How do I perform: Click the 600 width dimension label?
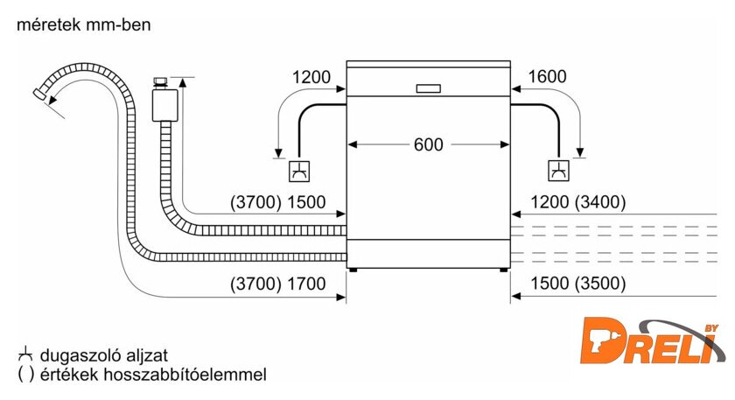429,144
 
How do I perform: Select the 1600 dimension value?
547,76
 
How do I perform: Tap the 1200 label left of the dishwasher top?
311,77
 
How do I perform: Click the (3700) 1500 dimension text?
278,202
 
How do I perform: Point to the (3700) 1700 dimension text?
278,284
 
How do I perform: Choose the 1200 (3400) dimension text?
578,202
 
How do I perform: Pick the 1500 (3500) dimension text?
578,284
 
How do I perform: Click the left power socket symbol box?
299,172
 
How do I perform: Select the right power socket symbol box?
559,171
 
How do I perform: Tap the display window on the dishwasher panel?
429,88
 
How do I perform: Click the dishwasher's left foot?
353,270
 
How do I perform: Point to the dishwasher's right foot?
503,270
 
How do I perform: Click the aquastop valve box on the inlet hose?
165,105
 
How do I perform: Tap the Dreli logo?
649,340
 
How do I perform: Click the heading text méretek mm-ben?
84,25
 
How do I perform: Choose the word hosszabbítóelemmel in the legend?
185,375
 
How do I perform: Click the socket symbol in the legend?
25,354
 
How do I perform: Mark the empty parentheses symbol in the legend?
25,375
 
